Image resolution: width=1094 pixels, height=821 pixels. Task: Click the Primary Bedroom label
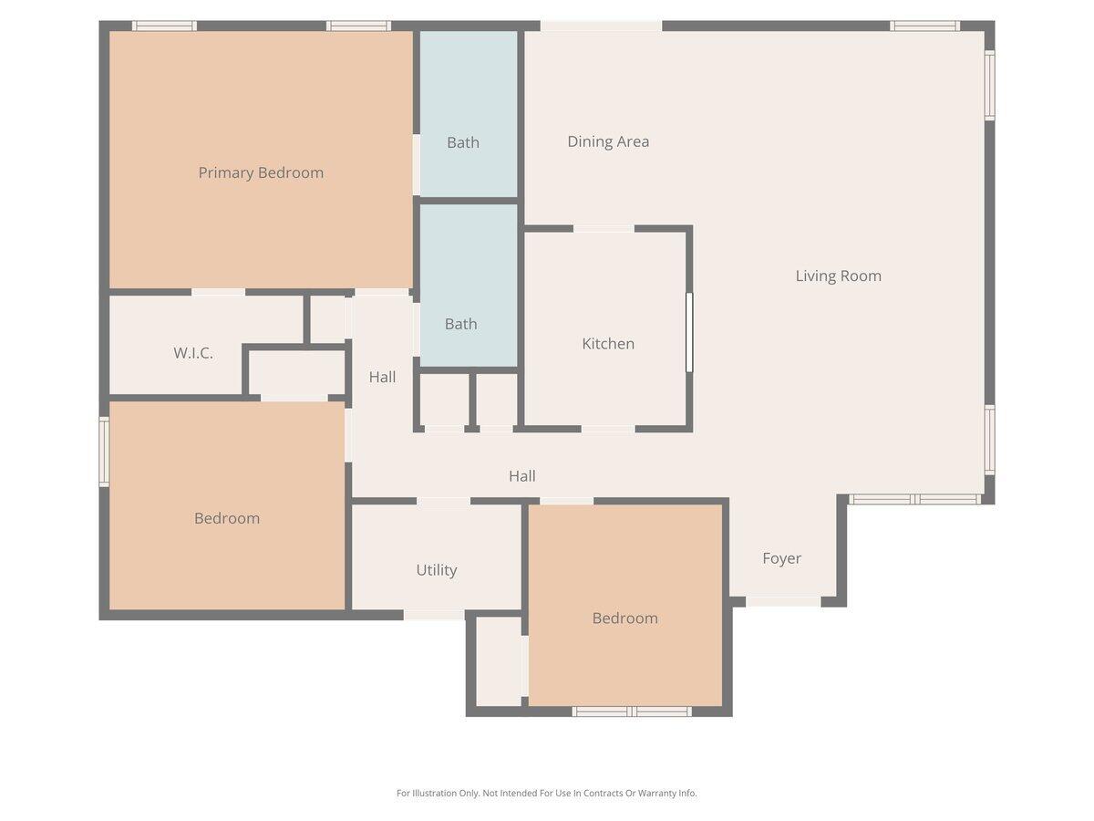[x=261, y=172]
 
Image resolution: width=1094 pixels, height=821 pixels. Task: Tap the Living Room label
[x=838, y=275]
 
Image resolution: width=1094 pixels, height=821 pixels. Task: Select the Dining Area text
[x=608, y=141]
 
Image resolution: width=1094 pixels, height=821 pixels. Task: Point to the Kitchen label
[x=608, y=344]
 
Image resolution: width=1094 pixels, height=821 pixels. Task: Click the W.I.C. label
[x=193, y=353]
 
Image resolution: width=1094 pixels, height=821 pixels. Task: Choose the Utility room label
[x=436, y=570]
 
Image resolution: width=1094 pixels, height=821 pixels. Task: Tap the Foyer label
[x=781, y=558]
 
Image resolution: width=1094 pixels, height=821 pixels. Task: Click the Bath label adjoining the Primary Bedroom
[x=463, y=142]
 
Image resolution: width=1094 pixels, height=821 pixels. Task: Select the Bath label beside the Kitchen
[x=460, y=324]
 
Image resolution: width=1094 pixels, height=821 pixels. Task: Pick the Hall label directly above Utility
[x=521, y=476]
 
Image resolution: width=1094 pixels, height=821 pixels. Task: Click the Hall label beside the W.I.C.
[x=382, y=377]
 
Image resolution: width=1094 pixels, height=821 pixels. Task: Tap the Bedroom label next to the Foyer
[x=624, y=618]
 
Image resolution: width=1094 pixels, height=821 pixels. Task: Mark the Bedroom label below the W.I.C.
[x=227, y=518]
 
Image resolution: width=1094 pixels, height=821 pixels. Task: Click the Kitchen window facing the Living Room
[x=689, y=332]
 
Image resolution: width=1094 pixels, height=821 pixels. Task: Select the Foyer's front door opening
[x=783, y=601]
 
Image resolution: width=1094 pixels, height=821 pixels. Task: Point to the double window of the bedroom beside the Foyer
[x=632, y=712]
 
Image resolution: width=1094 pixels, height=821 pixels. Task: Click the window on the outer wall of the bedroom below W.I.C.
[x=104, y=452]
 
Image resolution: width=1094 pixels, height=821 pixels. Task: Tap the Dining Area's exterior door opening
[x=601, y=26]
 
